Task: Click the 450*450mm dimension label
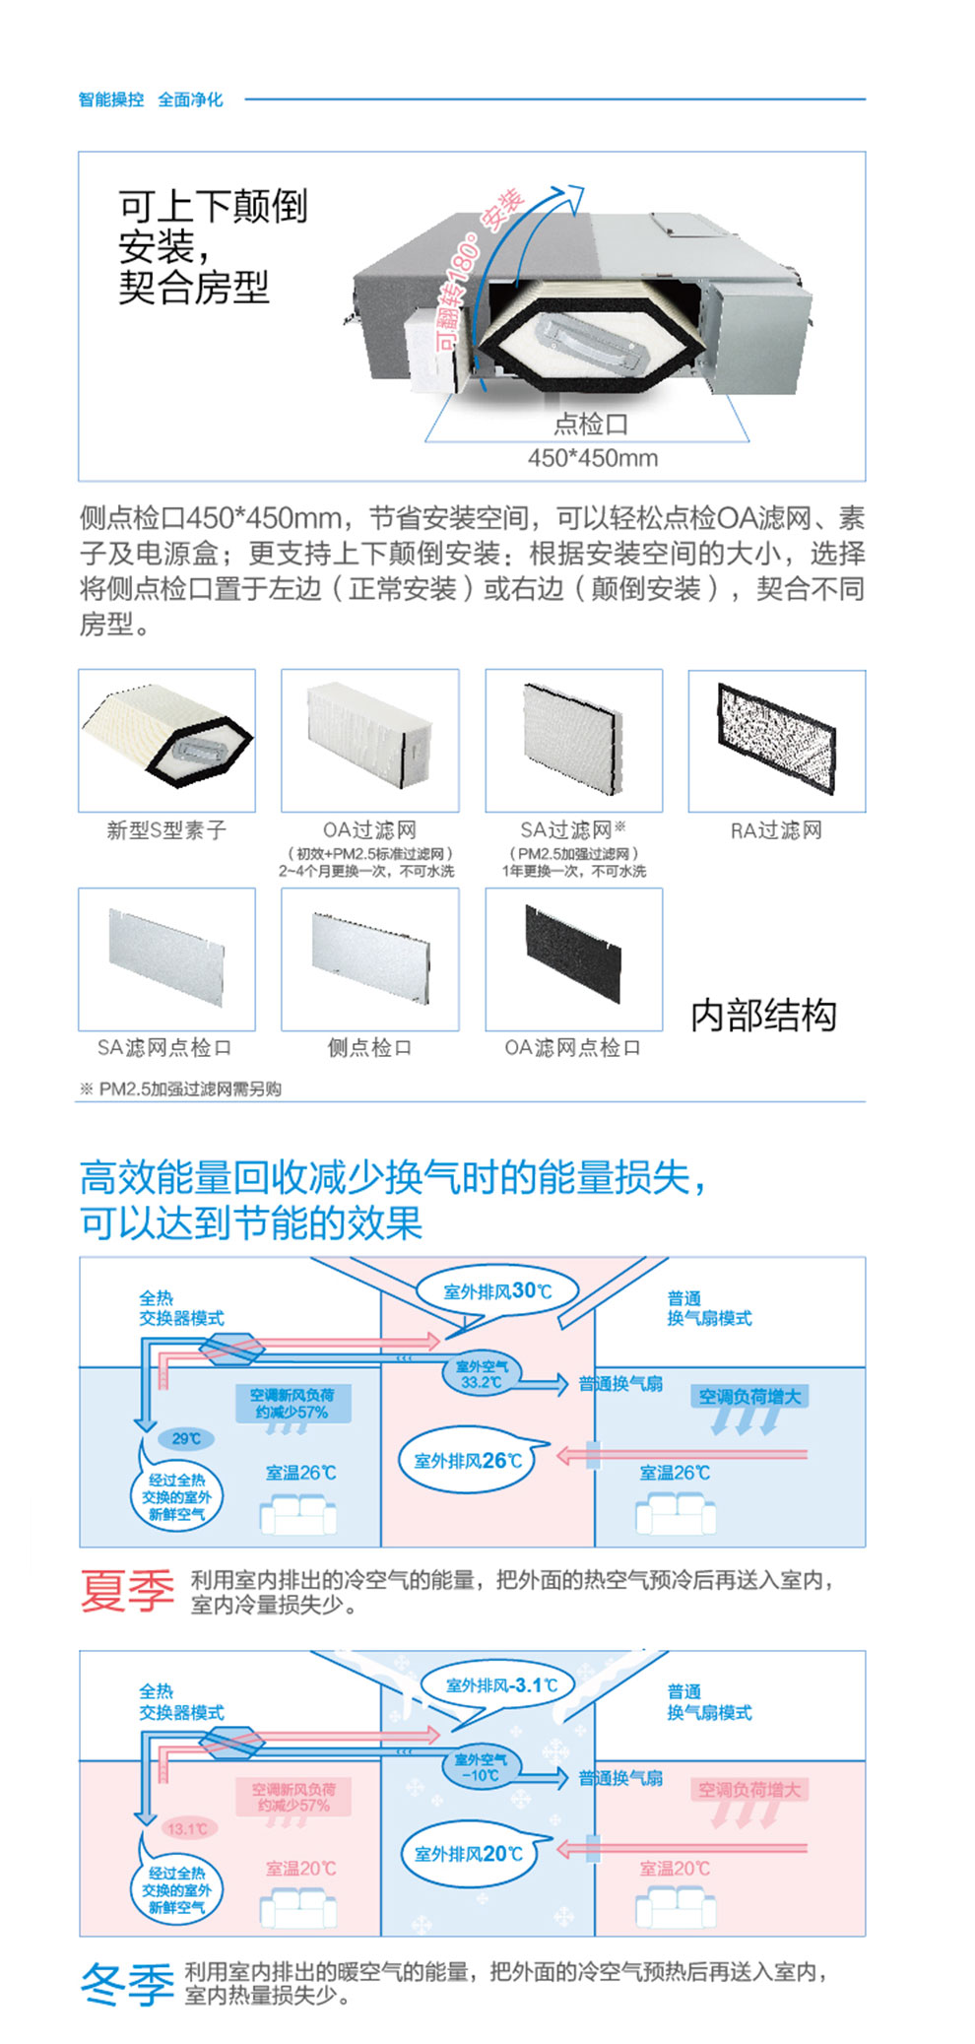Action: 592,458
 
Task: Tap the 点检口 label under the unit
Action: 591,425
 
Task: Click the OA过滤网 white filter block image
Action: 369,737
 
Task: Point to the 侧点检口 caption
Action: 369,1048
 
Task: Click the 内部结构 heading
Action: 763,1016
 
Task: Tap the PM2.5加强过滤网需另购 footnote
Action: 181,1089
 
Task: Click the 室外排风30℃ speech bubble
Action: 497,1291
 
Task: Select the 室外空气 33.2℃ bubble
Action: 482,1374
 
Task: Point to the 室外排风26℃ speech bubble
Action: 467,1460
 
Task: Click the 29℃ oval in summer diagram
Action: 186,1438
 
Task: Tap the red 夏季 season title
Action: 127,1591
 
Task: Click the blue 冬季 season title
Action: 127,1984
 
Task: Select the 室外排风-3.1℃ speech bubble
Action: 501,1685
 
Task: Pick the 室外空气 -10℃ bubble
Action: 481,1767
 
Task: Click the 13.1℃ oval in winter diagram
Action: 187,1829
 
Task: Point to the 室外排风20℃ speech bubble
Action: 468,1854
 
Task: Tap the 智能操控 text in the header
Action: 111,99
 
